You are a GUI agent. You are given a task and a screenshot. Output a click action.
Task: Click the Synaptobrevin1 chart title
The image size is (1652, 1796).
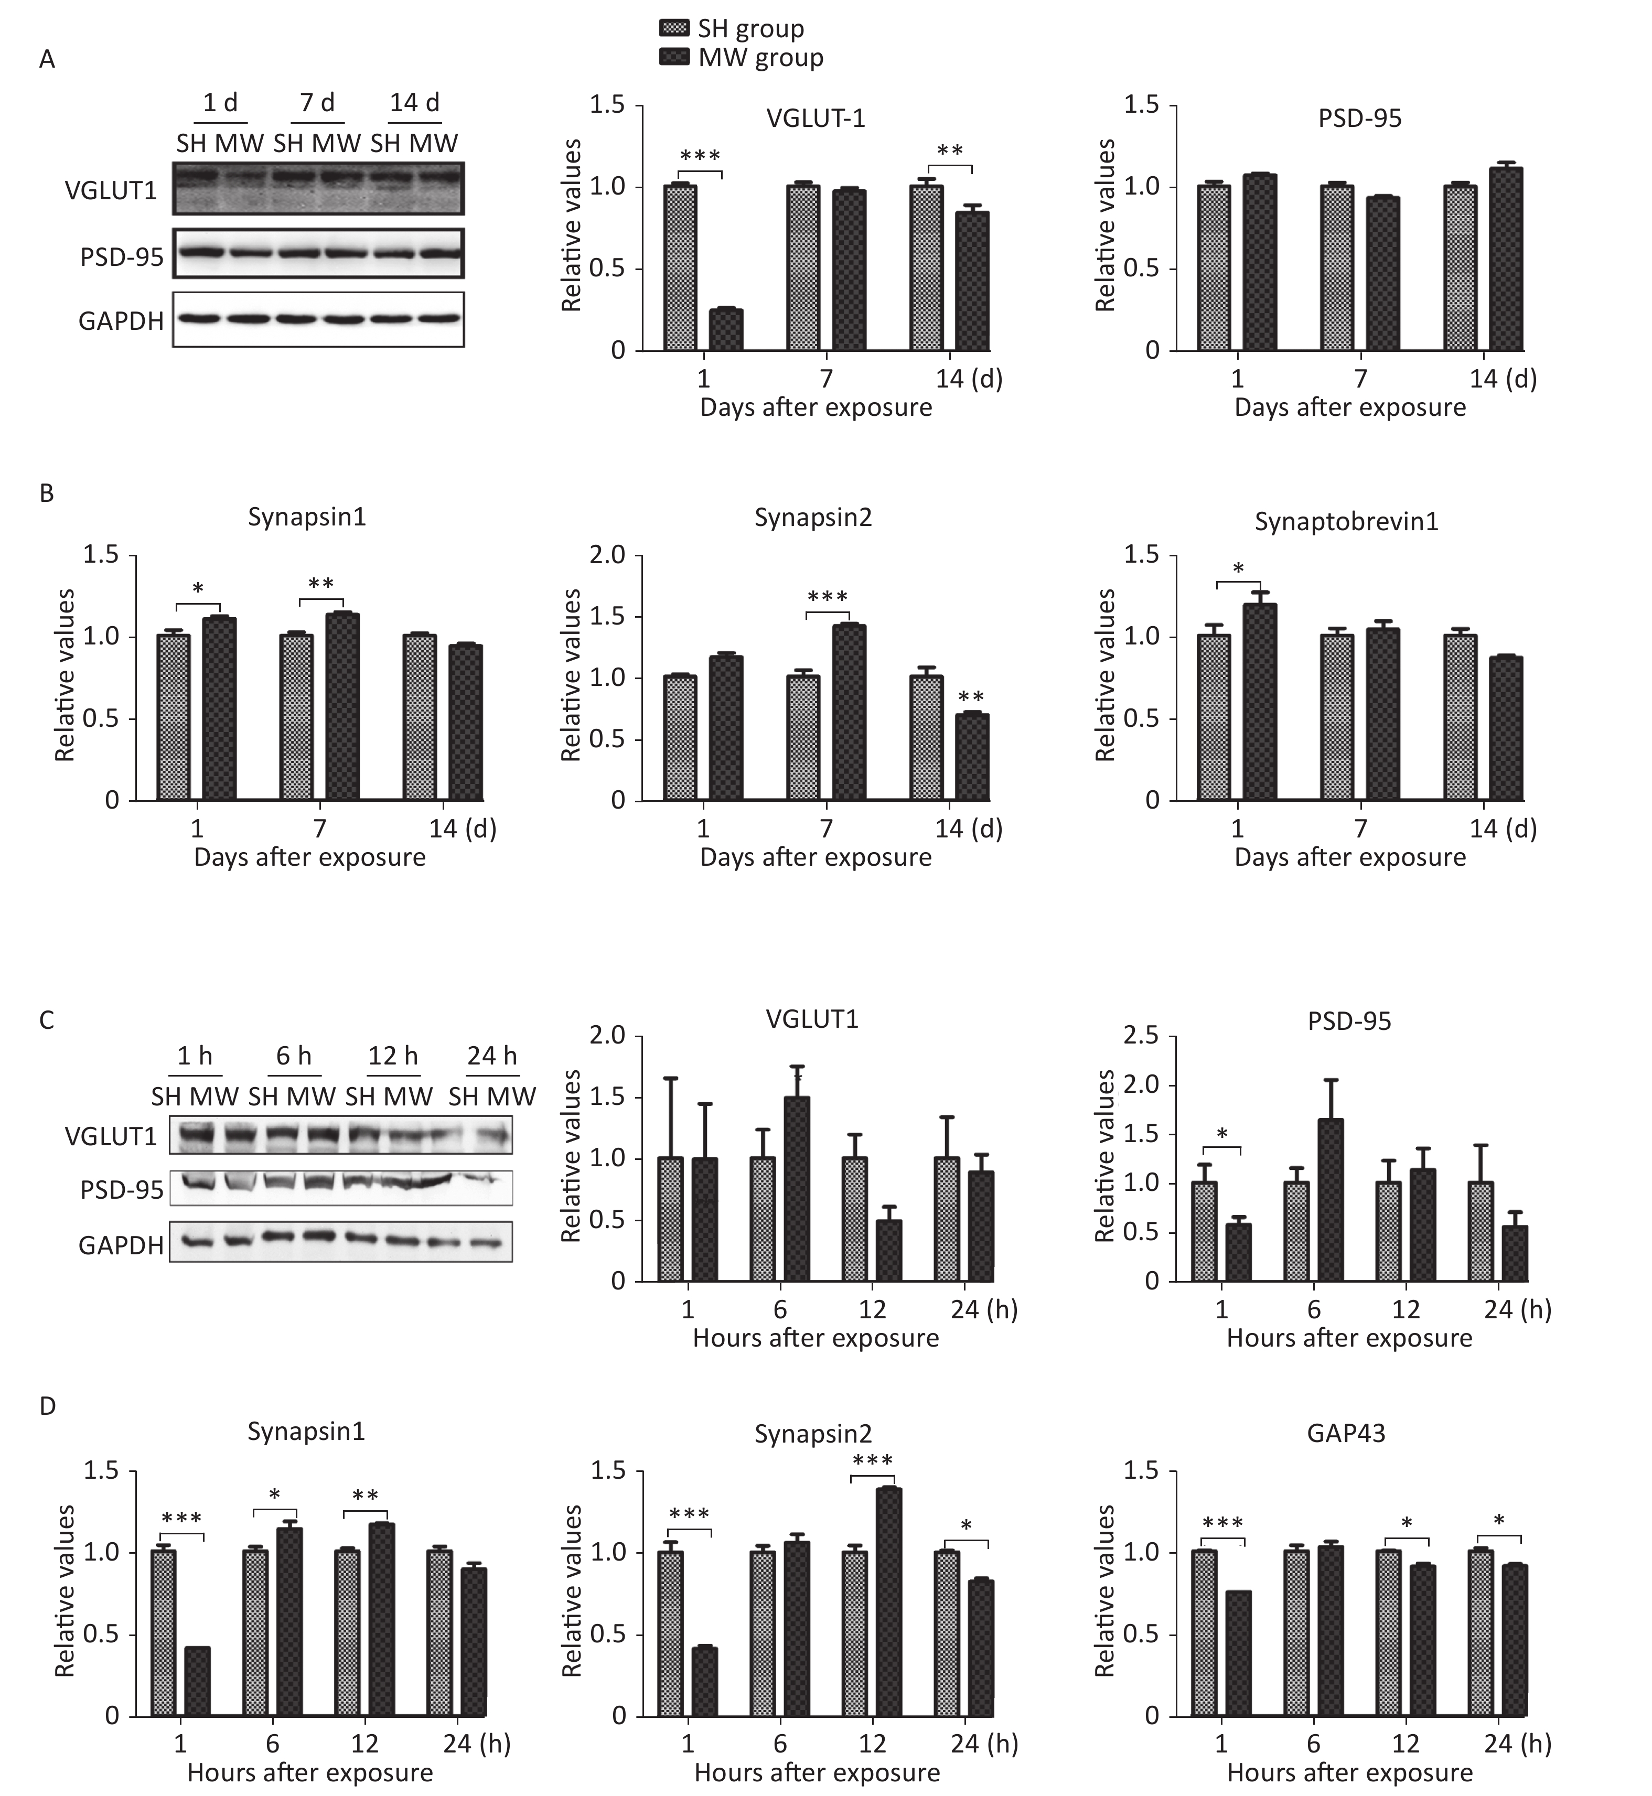point(1346,522)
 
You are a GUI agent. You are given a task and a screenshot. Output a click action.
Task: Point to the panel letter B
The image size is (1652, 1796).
point(47,493)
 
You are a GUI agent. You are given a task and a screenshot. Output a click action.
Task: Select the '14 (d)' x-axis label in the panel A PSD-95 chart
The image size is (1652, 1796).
point(1503,379)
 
